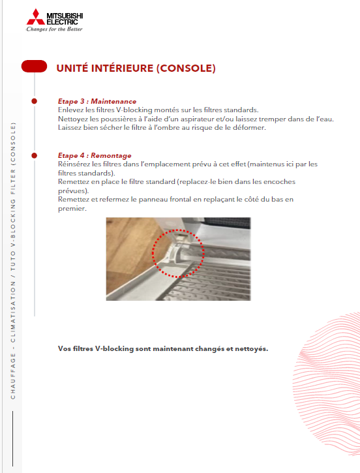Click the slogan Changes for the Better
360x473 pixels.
coord(54,29)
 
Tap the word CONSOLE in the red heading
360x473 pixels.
coord(186,68)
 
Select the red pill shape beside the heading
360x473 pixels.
coord(34,67)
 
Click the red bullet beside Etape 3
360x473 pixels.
coord(35,101)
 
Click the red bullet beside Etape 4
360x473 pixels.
coord(35,156)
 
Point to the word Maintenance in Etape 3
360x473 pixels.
coord(113,101)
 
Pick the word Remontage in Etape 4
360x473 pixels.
coord(111,156)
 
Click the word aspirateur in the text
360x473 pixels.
coord(197,119)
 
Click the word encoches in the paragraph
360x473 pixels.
coord(279,181)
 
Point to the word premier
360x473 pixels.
coord(72,209)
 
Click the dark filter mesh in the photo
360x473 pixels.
coord(228,222)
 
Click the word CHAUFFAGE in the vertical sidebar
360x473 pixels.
coord(12,376)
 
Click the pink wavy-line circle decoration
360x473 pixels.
coord(327,383)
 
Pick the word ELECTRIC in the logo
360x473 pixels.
coord(63,22)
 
